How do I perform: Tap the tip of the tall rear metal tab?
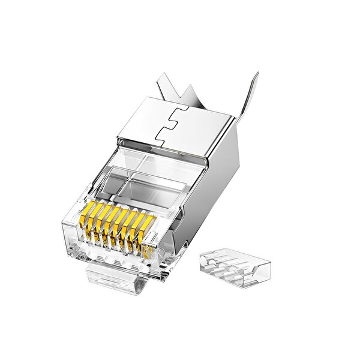[257, 75]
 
